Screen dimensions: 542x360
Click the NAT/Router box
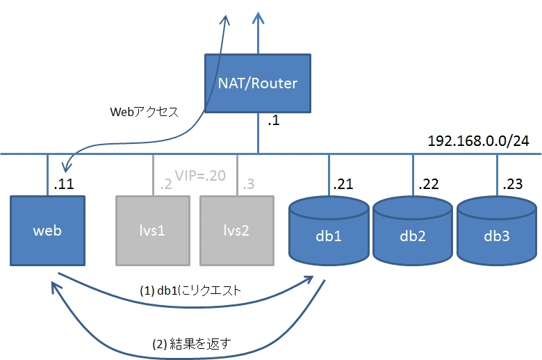[258, 83]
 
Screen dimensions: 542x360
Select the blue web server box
[48, 231]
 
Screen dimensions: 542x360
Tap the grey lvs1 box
[153, 231]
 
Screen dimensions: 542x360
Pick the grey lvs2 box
[237, 231]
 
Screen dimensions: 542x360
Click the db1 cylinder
[329, 231]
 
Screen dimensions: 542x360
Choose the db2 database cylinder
[413, 231]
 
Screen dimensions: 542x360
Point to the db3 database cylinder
[497, 231]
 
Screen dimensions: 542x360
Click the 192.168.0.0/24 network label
[478, 141]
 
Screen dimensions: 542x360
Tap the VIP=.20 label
[200, 176]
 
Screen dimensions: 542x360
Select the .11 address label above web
[64, 184]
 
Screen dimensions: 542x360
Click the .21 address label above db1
[343, 184]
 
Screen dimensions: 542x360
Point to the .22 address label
[428, 184]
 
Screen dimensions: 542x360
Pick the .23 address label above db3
[513, 184]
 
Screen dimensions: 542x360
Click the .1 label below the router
[273, 120]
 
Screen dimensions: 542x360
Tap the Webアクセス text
[144, 112]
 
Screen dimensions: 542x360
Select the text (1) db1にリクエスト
[190, 291]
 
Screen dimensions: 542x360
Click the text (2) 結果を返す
[192, 344]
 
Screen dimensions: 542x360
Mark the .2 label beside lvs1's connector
[166, 184]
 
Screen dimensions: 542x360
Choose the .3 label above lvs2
[249, 184]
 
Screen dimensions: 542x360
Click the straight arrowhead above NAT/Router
[258, 18]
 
